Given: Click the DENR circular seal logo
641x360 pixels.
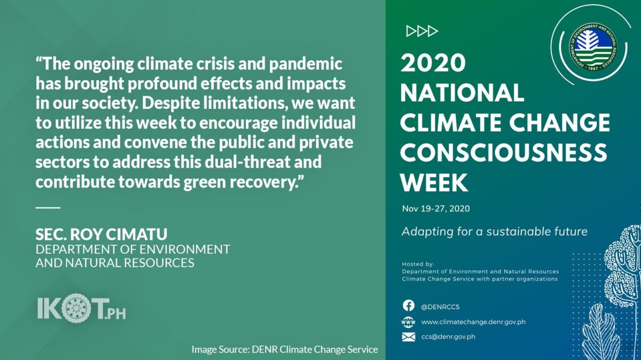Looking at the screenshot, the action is pos(593,47).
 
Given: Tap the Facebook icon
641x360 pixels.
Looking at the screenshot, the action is pos(409,306).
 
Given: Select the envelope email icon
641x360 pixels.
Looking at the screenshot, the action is pos(409,337).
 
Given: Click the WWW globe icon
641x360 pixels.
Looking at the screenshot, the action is pos(408,322).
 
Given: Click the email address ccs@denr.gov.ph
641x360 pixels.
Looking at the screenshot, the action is pos(448,337).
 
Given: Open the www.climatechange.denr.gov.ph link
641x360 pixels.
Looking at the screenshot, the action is pos(473,322).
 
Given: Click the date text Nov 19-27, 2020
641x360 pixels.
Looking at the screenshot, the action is pos(436,209).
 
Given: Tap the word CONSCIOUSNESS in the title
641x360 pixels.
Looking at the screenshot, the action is pos(503,152).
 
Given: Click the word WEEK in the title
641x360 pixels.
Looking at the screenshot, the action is pos(434,182).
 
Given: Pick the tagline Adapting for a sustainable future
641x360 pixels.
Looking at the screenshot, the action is pos(495,231).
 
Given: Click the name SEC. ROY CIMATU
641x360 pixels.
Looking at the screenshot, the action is pos(101,234).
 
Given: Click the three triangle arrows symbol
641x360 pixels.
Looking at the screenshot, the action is pos(422,31).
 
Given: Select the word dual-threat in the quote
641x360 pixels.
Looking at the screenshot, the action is pos(247,162).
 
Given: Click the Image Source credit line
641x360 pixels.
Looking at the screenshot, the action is pos(285,349).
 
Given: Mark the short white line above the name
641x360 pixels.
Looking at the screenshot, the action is pos(48,208).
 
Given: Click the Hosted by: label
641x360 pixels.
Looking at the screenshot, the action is pos(418,264).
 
